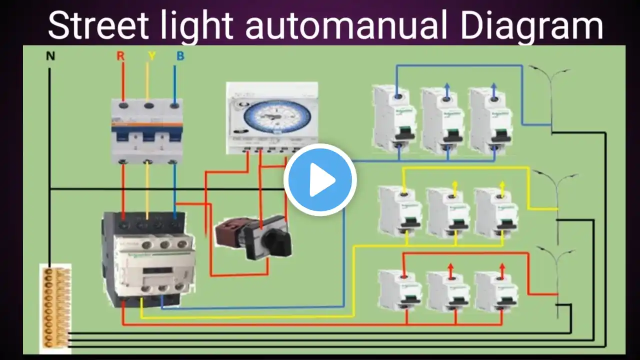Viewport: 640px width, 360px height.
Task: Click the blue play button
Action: pos(320,179)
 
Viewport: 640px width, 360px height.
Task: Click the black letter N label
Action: pos(50,56)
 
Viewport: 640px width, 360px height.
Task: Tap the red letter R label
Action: pos(120,56)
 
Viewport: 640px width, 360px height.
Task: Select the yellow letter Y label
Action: pos(151,56)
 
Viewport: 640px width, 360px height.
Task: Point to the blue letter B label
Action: pos(180,56)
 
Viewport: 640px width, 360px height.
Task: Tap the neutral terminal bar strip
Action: pos(54,307)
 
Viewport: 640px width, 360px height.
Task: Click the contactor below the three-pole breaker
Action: pos(148,257)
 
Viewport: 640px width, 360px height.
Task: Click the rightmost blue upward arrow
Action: pos(494,88)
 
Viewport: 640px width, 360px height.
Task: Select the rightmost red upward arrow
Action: pos(502,269)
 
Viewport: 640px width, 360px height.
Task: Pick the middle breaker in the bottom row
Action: pos(448,291)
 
